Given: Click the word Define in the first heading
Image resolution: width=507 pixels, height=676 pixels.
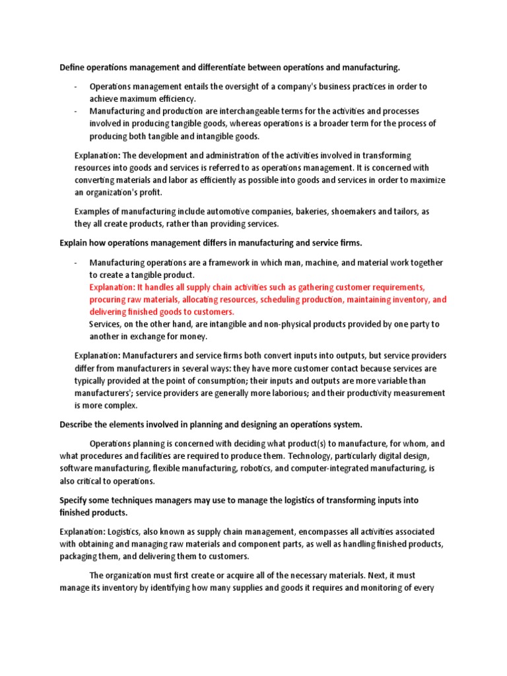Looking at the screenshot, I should (x=73, y=67).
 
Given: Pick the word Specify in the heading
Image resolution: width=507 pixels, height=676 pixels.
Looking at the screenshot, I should (x=75, y=500).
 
